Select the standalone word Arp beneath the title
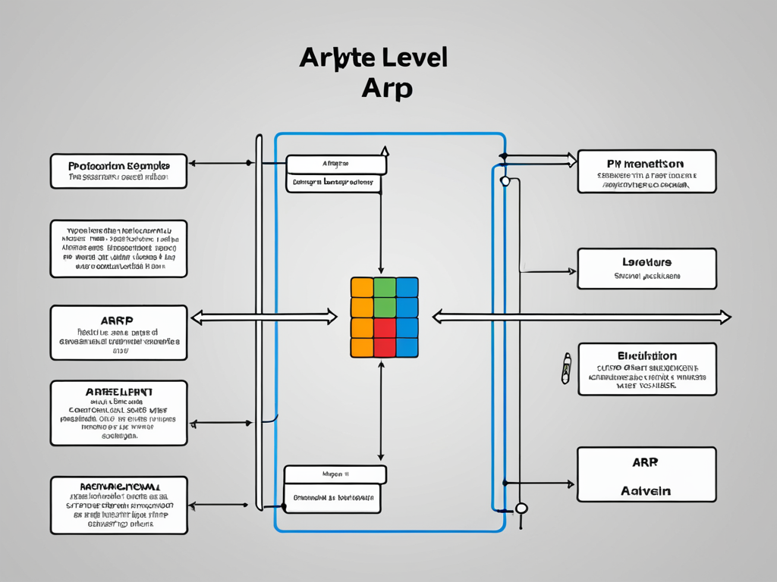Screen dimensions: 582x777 click(x=387, y=89)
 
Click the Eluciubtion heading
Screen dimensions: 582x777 click(x=646, y=355)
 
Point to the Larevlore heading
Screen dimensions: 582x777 click(x=646, y=262)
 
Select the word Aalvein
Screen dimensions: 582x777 click(x=646, y=491)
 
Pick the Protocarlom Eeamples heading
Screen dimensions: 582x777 click(x=118, y=165)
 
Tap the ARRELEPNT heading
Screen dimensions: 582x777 click(x=118, y=392)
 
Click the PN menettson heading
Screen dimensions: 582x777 click(x=646, y=163)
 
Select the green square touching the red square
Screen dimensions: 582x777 click(x=385, y=307)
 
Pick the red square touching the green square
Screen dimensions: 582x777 click(x=385, y=327)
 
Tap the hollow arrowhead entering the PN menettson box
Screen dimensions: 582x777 click(x=570, y=160)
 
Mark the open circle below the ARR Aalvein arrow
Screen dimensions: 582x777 click(x=521, y=508)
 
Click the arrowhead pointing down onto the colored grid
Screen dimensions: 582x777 click(x=380, y=273)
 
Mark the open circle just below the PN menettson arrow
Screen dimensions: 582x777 click(x=505, y=181)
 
